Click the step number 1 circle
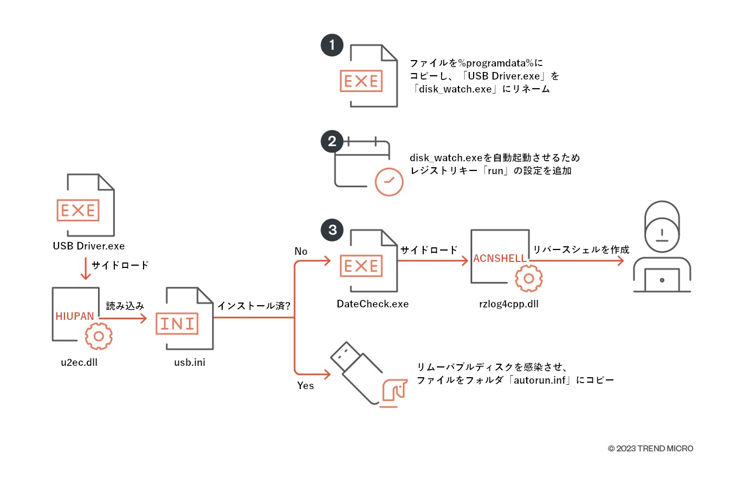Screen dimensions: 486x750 coord(332,45)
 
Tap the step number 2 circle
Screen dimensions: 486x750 coord(332,141)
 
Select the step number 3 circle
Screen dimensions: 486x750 coord(332,230)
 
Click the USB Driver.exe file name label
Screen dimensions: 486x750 coord(89,246)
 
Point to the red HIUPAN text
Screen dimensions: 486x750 coord(75,317)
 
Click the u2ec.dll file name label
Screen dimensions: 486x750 coord(79,363)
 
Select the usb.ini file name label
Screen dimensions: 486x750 coord(190,363)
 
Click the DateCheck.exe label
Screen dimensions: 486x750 coord(373,304)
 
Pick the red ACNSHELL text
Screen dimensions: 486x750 coord(500,259)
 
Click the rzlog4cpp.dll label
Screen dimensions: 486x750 coord(509,304)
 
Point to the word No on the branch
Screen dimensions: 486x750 coord(301,252)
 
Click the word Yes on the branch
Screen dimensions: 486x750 coord(305,386)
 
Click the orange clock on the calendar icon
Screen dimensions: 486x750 coord(389,181)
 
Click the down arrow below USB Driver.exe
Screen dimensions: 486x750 coord(85,269)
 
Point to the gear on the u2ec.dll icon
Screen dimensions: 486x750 coord(99,336)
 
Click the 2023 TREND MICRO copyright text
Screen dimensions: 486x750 coord(650,449)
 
